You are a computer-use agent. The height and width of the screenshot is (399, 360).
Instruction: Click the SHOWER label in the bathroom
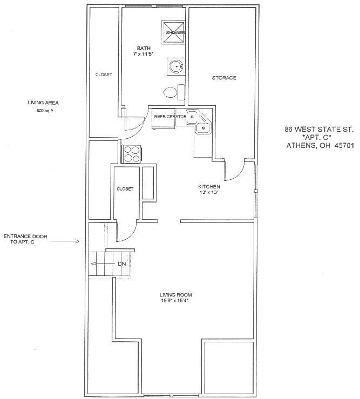click(175, 32)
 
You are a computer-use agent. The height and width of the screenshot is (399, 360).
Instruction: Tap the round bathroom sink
click(176, 66)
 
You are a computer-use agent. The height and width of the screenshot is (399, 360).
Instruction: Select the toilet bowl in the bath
click(170, 92)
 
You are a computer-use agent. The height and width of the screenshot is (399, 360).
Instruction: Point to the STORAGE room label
click(224, 78)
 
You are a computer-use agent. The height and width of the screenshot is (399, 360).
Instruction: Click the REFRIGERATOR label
click(170, 117)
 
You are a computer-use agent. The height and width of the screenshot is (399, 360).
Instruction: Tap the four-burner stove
click(131, 154)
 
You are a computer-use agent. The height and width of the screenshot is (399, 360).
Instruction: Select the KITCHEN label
click(209, 186)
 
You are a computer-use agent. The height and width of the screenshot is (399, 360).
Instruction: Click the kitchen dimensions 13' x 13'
click(209, 192)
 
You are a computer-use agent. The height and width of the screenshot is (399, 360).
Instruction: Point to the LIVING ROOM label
click(175, 295)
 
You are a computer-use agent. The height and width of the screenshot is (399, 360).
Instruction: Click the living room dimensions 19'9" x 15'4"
click(174, 301)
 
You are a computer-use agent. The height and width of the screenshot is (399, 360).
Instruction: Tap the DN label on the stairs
click(122, 264)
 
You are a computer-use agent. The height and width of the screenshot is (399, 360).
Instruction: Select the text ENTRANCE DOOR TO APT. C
click(25, 239)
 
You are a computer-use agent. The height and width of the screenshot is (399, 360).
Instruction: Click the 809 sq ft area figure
click(45, 111)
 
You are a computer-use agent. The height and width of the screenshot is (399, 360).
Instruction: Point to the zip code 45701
click(342, 146)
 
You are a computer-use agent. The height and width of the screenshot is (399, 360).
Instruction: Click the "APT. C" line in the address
click(316, 138)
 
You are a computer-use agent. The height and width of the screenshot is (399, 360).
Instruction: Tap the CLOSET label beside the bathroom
click(104, 75)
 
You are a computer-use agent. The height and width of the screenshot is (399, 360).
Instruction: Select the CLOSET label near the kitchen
click(125, 189)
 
